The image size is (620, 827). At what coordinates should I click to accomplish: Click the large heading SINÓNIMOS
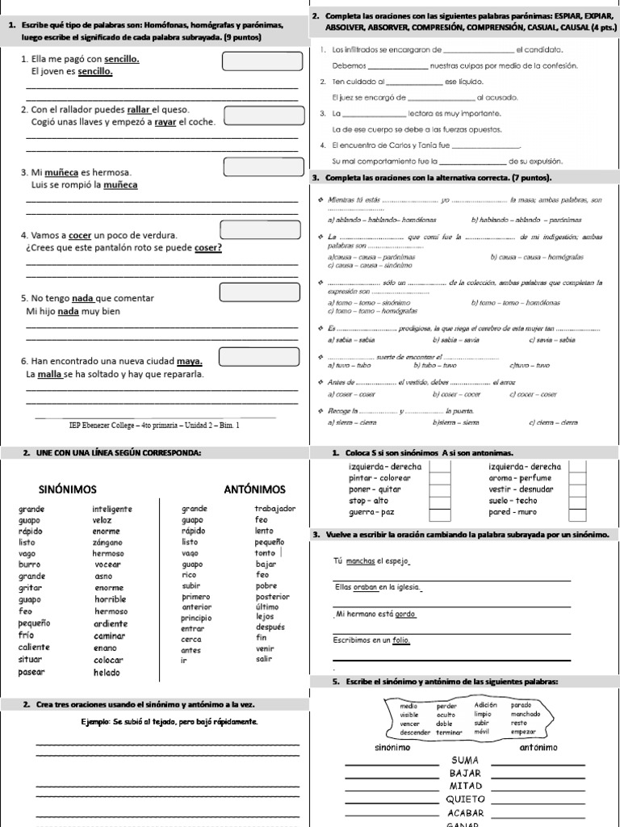tap(68, 489)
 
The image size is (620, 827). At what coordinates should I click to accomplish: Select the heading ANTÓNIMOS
tap(254, 489)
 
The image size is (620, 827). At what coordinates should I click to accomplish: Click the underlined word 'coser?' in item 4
tap(208, 247)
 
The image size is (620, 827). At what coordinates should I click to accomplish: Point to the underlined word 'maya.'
tap(189, 361)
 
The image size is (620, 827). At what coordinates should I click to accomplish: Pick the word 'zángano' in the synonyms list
tap(109, 544)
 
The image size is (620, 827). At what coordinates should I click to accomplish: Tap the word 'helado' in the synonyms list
tap(106, 672)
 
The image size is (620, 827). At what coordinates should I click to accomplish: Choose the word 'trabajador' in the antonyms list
tap(275, 509)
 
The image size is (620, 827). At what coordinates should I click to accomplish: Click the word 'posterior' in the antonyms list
tap(272, 596)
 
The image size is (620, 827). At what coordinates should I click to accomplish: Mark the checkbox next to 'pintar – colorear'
tap(440, 478)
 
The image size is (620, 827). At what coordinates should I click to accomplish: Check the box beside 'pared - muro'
tap(576, 512)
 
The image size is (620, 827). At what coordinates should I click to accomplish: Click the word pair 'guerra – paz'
tap(371, 512)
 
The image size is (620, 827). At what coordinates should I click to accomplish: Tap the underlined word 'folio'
tap(402, 640)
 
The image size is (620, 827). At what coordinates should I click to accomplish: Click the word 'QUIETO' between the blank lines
tap(467, 799)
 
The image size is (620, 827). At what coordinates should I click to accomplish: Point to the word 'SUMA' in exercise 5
tap(466, 761)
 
